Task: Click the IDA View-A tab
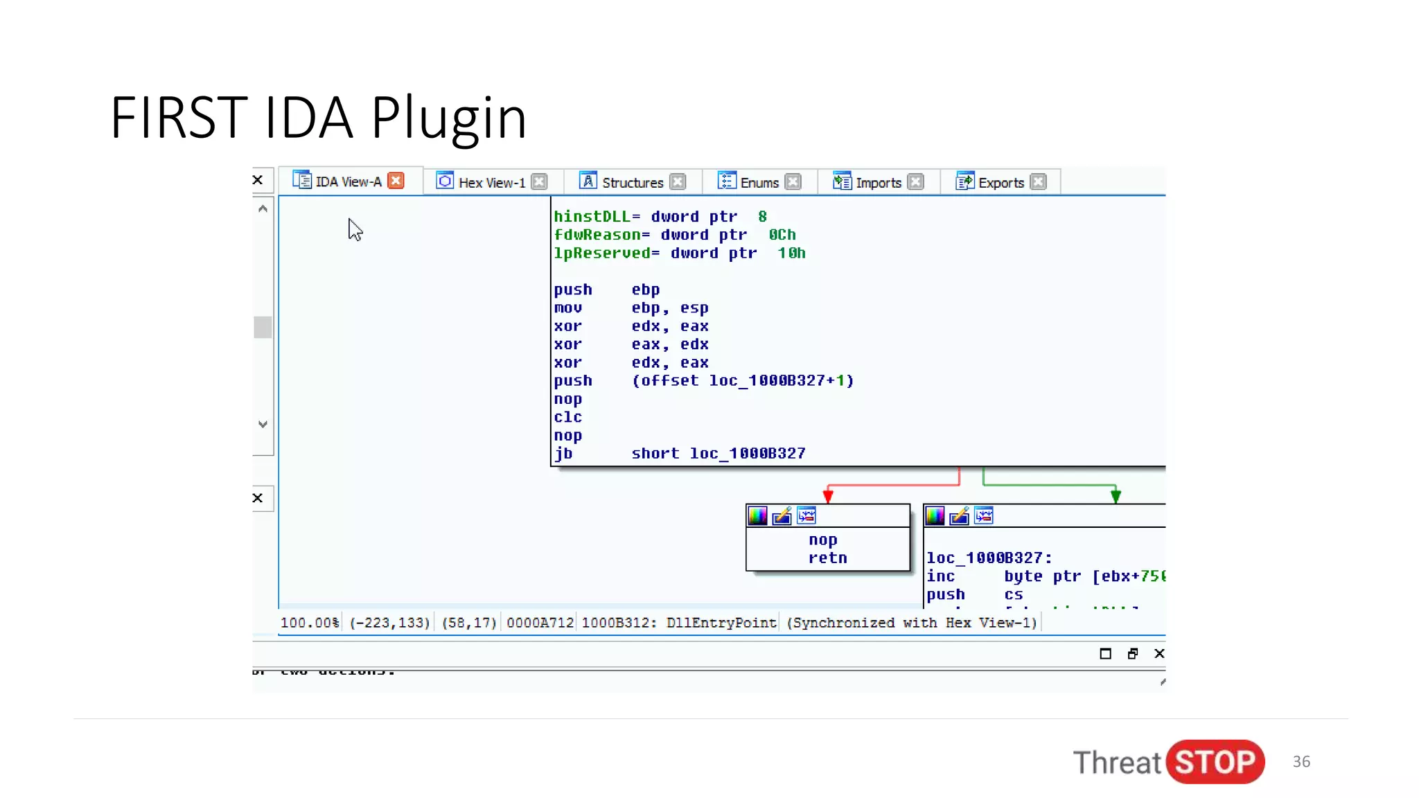(x=348, y=181)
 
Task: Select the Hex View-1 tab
(x=491, y=183)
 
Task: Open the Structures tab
(x=632, y=183)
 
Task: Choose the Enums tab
(x=759, y=183)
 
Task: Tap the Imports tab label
(x=878, y=183)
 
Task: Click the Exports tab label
(x=1001, y=183)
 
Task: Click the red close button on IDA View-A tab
(x=396, y=181)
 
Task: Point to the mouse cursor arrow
(x=354, y=229)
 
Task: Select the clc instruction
(x=567, y=417)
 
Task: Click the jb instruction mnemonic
(x=563, y=453)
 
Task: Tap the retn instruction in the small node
(x=827, y=558)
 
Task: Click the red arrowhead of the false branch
(x=827, y=496)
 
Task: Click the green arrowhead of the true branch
(x=1116, y=496)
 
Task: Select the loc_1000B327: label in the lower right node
(x=989, y=558)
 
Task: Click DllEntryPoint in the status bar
(x=721, y=623)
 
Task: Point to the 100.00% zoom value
(x=309, y=623)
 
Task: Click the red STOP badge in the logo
(x=1215, y=762)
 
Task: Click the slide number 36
(x=1301, y=761)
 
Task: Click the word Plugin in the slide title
(x=448, y=118)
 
